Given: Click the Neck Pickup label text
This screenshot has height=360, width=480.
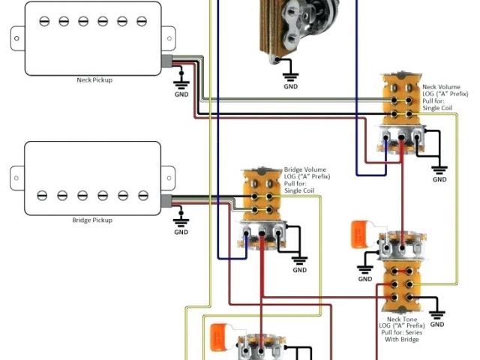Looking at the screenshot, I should point(94,79).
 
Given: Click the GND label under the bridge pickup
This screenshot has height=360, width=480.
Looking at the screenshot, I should point(181,232).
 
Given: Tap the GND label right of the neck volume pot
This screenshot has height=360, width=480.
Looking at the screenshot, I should point(439,179).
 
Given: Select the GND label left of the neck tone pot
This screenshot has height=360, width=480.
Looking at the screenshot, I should point(365,279).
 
